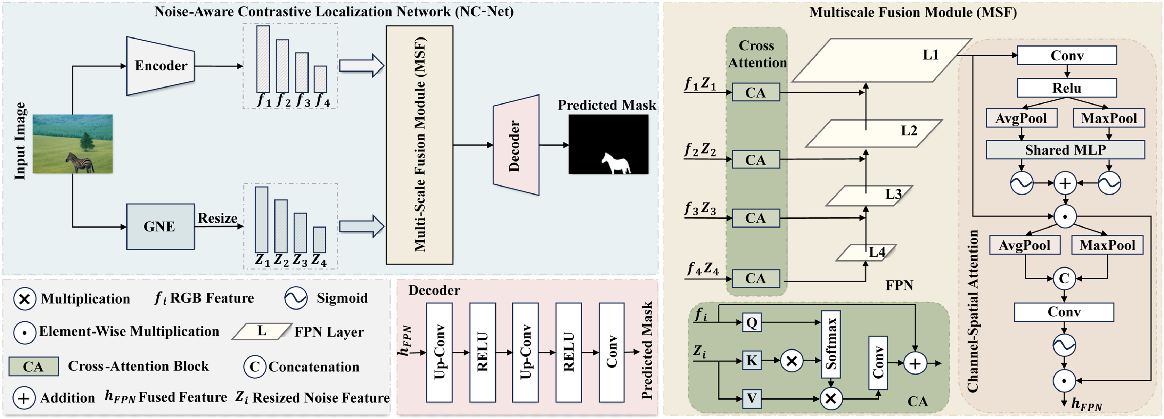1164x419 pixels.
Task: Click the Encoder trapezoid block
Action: [160, 66]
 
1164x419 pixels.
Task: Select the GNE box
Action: [160, 226]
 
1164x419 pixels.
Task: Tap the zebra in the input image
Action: [80, 163]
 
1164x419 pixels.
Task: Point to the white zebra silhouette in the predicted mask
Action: [616, 164]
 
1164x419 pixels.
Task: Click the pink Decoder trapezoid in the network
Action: [516, 145]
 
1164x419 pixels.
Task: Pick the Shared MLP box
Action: [1065, 150]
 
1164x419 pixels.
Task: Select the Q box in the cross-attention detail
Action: [751, 322]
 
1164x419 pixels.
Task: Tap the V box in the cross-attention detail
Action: [751, 398]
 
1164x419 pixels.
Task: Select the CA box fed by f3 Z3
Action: [756, 218]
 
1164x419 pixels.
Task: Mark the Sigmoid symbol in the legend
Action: [296, 298]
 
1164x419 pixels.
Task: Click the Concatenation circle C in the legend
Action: [255, 367]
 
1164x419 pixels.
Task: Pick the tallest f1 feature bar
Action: [263, 59]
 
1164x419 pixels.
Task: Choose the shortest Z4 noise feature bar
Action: [319, 240]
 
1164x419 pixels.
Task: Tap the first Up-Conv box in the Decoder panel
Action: [439, 352]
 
